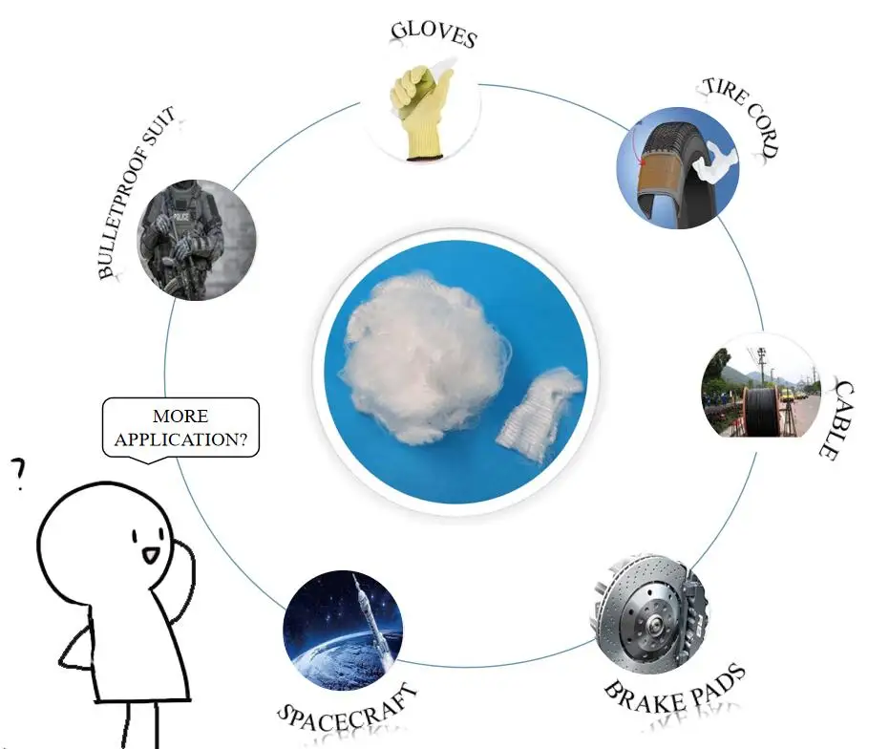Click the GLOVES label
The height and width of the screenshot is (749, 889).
pos(433,32)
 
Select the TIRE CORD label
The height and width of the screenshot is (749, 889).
pos(742,116)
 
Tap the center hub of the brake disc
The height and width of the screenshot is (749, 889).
pos(656,627)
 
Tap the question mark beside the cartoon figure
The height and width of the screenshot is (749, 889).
pos(16,475)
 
